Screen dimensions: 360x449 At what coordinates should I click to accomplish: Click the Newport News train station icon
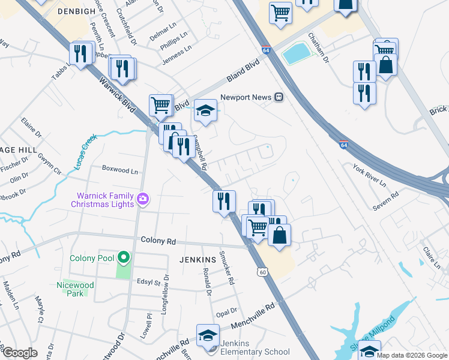tap(279, 97)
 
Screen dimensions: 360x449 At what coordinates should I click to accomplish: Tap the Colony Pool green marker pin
tap(124, 258)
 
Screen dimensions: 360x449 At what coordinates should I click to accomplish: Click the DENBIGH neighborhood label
tap(77, 11)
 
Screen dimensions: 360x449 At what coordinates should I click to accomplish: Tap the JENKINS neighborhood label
tap(197, 259)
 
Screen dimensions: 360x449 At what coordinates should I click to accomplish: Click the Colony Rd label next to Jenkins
tap(158, 241)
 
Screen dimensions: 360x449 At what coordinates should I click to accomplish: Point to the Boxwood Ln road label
tap(120, 170)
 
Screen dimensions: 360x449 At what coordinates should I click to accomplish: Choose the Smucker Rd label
tap(227, 268)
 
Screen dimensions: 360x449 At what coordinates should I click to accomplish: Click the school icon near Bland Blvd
tap(205, 110)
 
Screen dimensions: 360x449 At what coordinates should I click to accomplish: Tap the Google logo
tap(19, 353)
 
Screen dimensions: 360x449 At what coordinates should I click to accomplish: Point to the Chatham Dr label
tap(319, 49)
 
